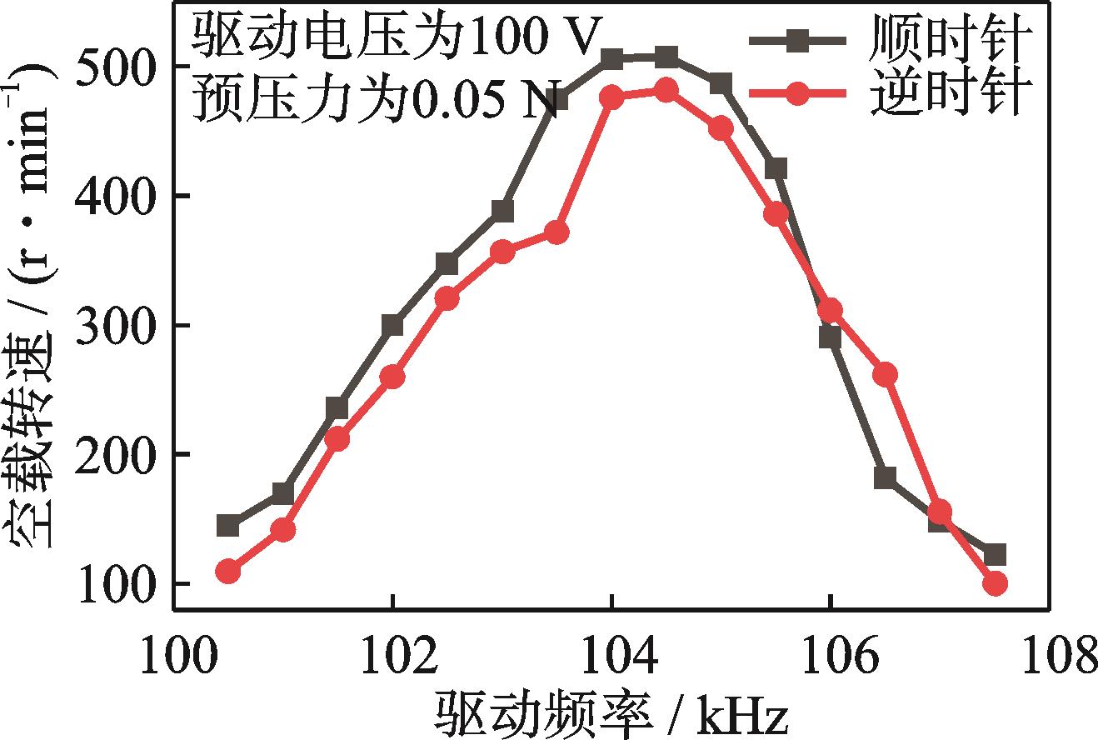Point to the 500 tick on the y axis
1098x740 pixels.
pyautogui.click(x=112, y=67)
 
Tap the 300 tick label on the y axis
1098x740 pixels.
pyautogui.click(x=112, y=325)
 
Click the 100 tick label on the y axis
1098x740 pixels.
pyautogui.click(x=112, y=583)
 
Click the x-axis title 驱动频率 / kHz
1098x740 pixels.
pyautogui.click(x=611, y=713)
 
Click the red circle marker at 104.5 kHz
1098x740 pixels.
pyautogui.click(x=666, y=89)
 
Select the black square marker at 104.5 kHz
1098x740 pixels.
pyautogui.click(x=666, y=57)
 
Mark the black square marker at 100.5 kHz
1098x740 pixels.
pyautogui.click(x=228, y=526)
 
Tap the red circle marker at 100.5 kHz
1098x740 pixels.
pyautogui.click(x=228, y=572)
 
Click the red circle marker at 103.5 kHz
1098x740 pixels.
pyautogui.click(x=556, y=232)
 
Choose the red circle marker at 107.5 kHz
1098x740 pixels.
pyautogui.click(x=995, y=583)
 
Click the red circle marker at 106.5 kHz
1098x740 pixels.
pyautogui.click(x=886, y=375)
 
